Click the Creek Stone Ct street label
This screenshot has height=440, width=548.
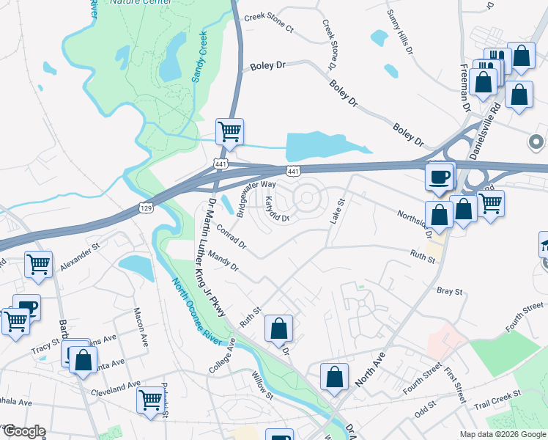tap(268, 23)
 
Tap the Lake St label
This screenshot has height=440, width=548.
tap(338, 212)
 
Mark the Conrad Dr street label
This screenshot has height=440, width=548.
tap(231, 238)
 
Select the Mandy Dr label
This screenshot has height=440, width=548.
tap(223, 261)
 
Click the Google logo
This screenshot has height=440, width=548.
tap(23, 431)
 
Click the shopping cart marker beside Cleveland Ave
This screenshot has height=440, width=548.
tap(150, 400)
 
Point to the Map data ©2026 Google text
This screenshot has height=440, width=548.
tap(502, 434)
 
